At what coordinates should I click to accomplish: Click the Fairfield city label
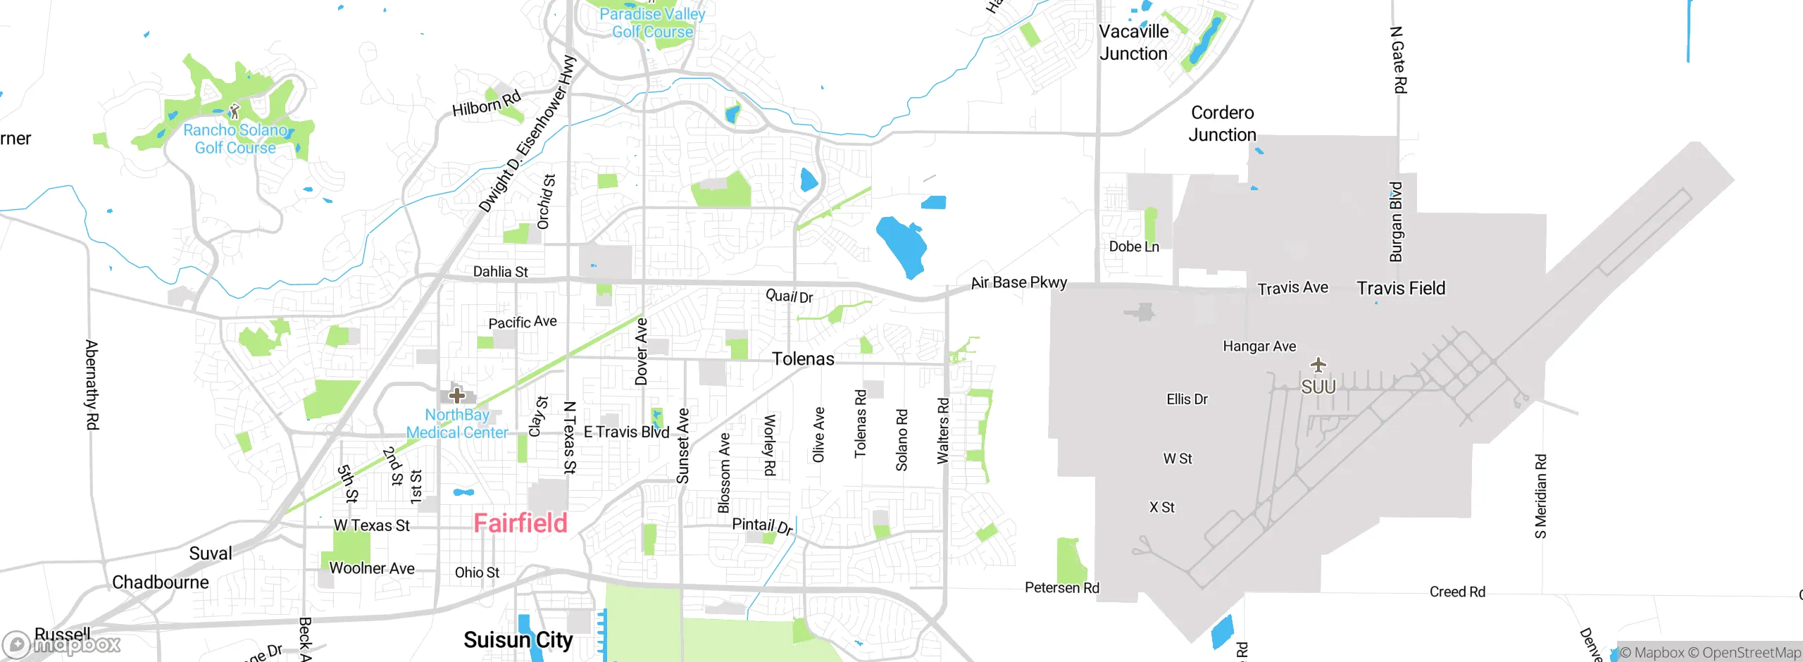tap(520, 523)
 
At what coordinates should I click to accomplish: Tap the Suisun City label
tap(518, 639)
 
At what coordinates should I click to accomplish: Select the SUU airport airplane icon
tap(1318, 365)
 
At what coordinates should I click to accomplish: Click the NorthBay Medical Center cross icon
tap(457, 395)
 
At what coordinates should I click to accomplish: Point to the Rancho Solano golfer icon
tap(235, 111)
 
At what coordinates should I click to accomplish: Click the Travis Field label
tap(1401, 288)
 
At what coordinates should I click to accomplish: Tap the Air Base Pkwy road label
tap(1018, 282)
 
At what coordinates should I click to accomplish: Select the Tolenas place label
tap(803, 358)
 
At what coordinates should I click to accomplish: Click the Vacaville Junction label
tap(1133, 42)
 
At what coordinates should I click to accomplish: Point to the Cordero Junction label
tap(1222, 123)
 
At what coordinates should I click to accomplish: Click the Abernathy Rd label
tap(92, 385)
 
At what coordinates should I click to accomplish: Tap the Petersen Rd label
tap(1061, 587)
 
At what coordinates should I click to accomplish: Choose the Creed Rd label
tap(1456, 592)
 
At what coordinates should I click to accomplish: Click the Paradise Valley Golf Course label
tap(652, 23)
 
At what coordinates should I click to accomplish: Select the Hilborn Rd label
tap(487, 104)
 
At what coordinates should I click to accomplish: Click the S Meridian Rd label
tap(1540, 496)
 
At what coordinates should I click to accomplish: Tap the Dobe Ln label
tap(1133, 246)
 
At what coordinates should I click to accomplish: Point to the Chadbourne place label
tap(161, 582)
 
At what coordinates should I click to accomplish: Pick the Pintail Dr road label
tap(762, 525)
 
